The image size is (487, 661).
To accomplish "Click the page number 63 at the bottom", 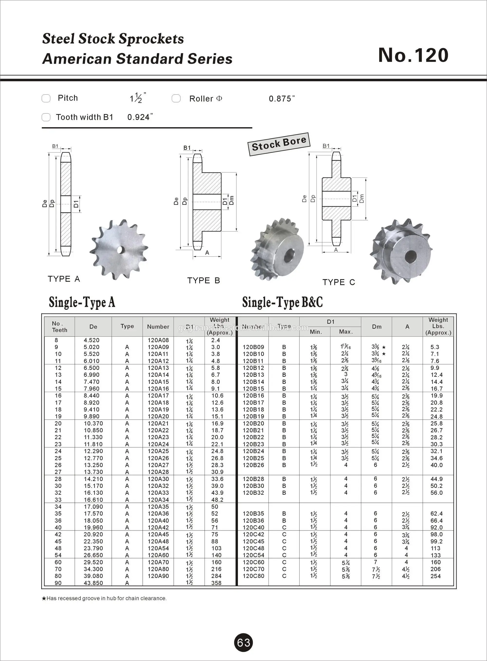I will (243, 642).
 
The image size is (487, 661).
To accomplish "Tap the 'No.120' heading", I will (413, 55).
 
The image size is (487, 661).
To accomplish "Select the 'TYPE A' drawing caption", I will (64, 279).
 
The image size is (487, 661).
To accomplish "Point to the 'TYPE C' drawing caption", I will (338, 282).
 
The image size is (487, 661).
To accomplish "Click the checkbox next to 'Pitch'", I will (46, 98).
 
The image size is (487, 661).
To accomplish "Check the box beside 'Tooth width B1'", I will (46, 117).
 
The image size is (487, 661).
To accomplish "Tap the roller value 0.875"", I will (281, 99).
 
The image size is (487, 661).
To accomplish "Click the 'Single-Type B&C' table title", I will (282, 302).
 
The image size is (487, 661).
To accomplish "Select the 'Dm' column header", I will (376, 327).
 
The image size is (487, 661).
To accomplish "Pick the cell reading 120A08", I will (158, 340).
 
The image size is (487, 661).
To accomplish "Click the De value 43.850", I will (93, 583).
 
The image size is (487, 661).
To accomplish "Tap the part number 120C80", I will (253, 576).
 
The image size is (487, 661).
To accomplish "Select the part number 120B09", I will (253, 347).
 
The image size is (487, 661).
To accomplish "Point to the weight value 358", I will (216, 583).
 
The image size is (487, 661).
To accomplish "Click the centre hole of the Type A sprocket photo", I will (120, 250).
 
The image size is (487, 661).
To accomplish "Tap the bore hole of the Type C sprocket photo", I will (410, 257).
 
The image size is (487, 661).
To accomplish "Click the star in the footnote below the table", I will (44, 598).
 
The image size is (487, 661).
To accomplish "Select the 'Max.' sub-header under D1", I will (346, 332).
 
